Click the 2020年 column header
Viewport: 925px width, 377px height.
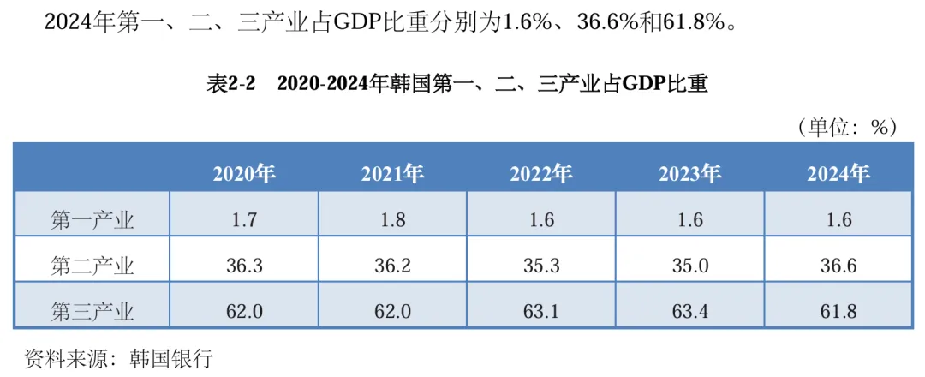(244, 174)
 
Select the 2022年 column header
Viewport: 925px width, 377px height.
(541, 174)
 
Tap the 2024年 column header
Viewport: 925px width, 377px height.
(838, 174)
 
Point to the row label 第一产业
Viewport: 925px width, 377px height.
(92, 219)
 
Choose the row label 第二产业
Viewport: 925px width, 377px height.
(92, 265)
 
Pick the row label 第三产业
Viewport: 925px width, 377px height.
(92, 310)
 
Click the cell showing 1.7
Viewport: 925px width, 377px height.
(244, 219)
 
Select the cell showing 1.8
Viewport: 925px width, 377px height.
(393, 219)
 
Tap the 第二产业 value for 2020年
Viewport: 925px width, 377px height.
(244, 265)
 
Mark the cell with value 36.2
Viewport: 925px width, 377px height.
(393, 265)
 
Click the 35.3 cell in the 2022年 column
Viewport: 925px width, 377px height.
(541, 265)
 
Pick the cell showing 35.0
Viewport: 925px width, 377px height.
(690, 265)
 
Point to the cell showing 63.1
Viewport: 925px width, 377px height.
(541, 310)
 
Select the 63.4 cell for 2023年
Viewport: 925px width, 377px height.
(690, 310)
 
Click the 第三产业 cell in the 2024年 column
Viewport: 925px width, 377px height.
(838, 310)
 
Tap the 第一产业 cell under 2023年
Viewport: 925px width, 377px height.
(690, 219)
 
